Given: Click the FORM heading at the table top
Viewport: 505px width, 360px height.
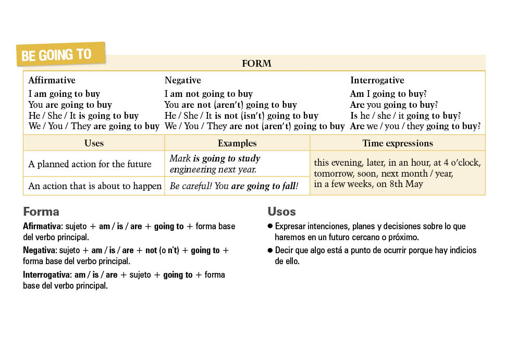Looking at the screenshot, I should (x=256, y=64).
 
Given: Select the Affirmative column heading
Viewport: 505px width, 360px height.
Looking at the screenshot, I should (x=52, y=80).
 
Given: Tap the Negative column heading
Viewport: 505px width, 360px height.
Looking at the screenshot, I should (x=182, y=80).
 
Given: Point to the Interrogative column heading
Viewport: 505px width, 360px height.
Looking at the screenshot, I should (x=377, y=80).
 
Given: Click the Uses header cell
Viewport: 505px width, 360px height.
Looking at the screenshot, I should (x=94, y=143).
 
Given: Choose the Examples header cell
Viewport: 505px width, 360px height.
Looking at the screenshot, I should (x=237, y=143).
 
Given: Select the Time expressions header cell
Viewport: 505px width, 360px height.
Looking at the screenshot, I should (x=398, y=143).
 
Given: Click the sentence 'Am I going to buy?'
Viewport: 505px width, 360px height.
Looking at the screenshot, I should (x=388, y=94).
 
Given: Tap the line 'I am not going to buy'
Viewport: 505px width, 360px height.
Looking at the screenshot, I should (x=208, y=94).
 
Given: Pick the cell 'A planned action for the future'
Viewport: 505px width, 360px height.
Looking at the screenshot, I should (x=90, y=164).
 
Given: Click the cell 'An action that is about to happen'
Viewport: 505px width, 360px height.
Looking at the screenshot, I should (x=95, y=186).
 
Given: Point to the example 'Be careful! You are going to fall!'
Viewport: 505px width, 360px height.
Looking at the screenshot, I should (x=234, y=186).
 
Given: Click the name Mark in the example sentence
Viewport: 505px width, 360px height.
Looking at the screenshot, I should (x=180, y=158).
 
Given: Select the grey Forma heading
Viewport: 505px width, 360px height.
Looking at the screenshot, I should (x=41, y=212).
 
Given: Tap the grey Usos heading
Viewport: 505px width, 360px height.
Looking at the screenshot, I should (x=281, y=212).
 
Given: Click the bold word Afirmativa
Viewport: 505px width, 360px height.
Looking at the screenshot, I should (x=42, y=227).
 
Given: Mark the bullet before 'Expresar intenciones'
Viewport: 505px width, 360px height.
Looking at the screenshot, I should (x=270, y=227).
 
